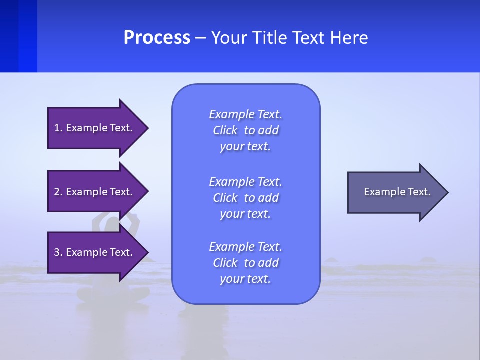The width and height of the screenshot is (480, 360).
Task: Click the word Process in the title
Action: point(157,38)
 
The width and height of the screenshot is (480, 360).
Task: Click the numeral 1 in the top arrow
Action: point(57,128)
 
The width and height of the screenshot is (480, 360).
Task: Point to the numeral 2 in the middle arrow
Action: point(57,192)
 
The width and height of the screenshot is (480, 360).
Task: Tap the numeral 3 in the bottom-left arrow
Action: point(57,252)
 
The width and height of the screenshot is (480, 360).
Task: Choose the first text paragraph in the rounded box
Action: point(245,130)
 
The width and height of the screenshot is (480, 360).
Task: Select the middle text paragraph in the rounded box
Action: point(245,198)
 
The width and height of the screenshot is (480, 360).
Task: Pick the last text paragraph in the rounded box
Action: point(245,263)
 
